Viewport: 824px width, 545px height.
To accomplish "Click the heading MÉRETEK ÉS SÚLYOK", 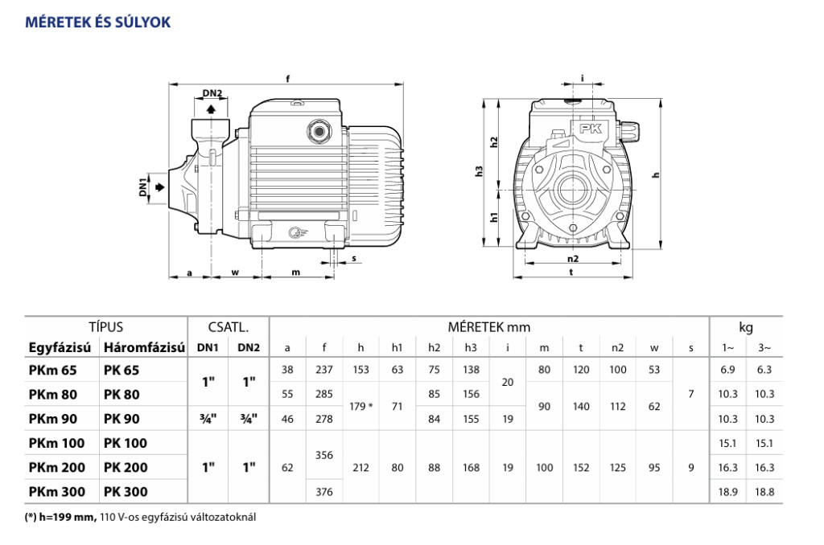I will tap(98, 22).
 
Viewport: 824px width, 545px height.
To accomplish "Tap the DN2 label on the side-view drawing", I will tap(212, 93).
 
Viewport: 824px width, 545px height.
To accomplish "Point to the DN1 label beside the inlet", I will tap(143, 187).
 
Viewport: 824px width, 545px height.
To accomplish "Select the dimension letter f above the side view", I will tap(287, 78).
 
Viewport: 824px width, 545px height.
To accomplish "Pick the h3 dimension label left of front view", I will tap(480, 170).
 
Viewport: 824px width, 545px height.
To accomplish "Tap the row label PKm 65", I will tap(53, 371).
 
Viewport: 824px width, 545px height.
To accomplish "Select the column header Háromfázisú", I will tap(142, 348).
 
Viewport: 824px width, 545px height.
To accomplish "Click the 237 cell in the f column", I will tap(324, 370).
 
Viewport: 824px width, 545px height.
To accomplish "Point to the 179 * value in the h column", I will tap(361, 407).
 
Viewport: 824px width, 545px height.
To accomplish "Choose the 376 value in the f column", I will tap(324, 492).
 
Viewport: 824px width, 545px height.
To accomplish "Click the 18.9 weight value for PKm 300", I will tap(727, 492).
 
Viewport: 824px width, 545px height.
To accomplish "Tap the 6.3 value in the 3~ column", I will tap(764, 370).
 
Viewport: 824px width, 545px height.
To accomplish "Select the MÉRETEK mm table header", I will tap(488, 327).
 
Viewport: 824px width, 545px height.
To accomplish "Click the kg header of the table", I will tap(746, 327).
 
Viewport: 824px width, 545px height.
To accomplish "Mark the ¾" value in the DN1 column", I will tap(208, 419).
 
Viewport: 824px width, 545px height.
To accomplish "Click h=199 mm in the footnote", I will tap(68, 517).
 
